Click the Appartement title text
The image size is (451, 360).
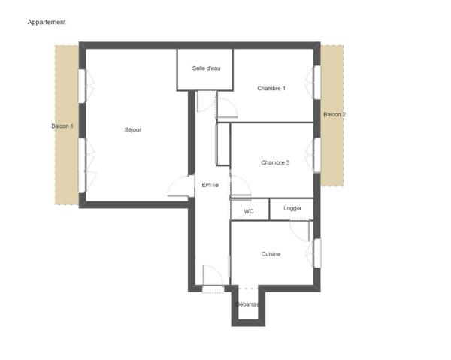coord(47,22)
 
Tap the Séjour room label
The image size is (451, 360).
coord(133,130)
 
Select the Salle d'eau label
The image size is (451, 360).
coord(206,68)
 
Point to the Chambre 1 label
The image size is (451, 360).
coord(271,88)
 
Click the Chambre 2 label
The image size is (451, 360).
coord(275,162)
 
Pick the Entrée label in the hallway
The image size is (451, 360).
coord(210,185)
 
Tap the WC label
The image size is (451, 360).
coord(249,211)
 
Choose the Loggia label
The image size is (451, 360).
coord(292,208)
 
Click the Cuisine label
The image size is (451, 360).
coord(271,254)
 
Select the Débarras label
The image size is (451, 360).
coord(247,304)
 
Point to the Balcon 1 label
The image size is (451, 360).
coord(62,126)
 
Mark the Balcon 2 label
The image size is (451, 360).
coord(334,114)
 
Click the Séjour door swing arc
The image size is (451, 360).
coord(174,183)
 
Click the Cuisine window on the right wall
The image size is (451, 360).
coord(317,253)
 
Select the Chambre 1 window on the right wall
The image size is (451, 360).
coord(317,83)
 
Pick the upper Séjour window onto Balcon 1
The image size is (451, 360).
coord(82,86)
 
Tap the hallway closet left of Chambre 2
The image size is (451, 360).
coord(223,144)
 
